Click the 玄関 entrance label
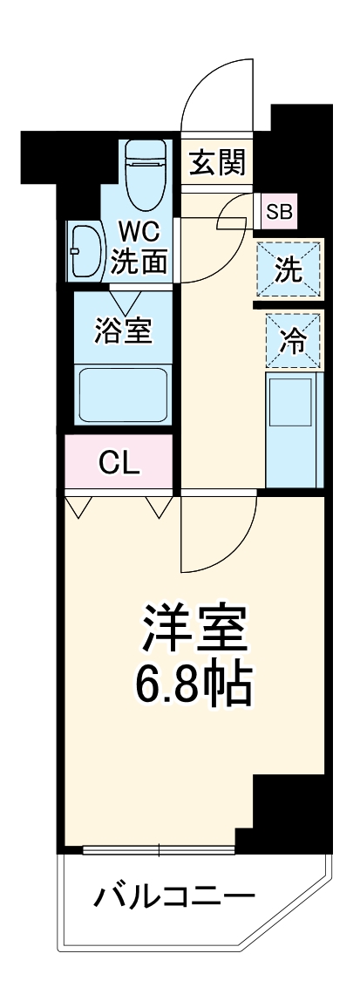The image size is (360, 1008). [x=219, y=162]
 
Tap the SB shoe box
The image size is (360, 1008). [x=280, y=211]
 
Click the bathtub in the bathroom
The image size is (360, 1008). [x=123, y=393]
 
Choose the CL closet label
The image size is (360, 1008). [x=119, y=464]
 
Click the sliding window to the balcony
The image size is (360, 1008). [x=160, y=848]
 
